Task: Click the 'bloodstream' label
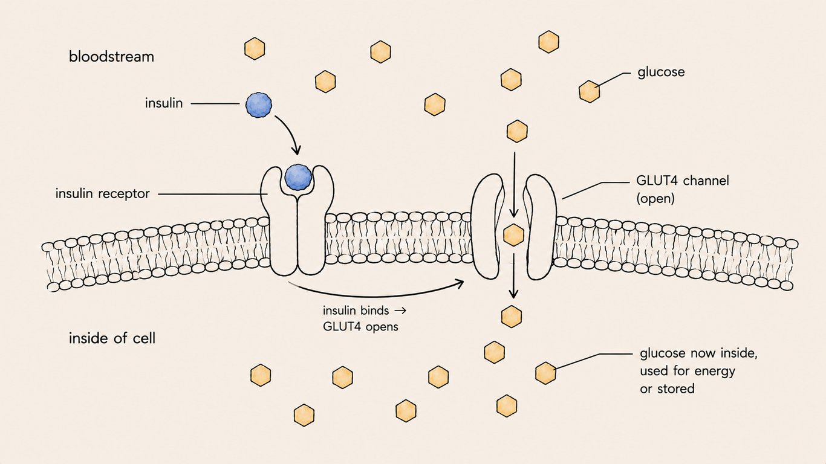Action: pos(111,57)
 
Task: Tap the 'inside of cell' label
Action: pos(112,338)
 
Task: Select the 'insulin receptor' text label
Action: pos(103,194)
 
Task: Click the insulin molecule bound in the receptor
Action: pos(298,177)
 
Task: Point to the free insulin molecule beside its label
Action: pos(258,105)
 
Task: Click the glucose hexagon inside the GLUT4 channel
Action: pos(513,235)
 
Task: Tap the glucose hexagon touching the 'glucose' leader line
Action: pos(589,91)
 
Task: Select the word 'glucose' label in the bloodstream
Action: pos(661,72)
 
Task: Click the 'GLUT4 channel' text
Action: pos(683,181)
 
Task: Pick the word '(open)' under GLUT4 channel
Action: pos(655,199)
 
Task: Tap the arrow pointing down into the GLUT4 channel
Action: pos(515,185)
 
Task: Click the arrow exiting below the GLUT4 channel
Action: pos(513,276)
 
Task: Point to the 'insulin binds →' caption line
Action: pos(365,311)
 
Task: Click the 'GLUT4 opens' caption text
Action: pos(360,327)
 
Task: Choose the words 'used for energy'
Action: pos(688,371)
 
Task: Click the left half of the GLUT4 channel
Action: pos(486,227)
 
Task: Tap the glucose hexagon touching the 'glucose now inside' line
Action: pos(545,373)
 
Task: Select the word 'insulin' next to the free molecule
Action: pos(164,103)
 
